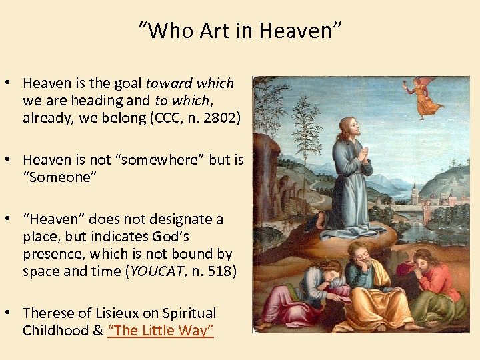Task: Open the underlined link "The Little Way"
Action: (x=161, y=331)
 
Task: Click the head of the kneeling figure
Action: (x=347, y=127)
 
